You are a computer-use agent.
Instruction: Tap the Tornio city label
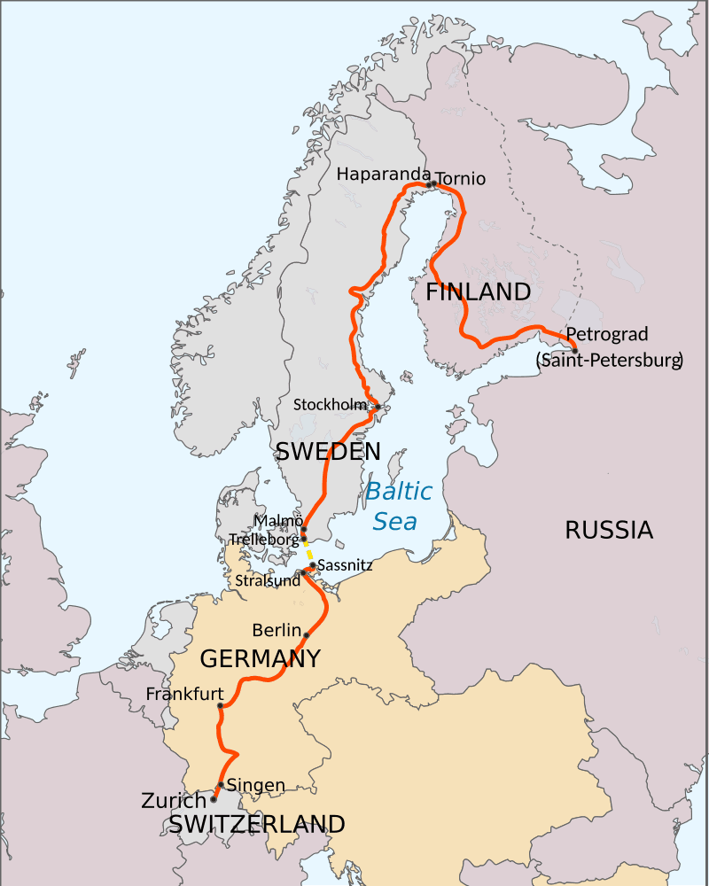[x=461, y=179]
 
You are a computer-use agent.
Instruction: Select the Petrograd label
[x=606, y=334]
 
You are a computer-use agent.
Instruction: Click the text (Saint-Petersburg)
[x=609, y=360]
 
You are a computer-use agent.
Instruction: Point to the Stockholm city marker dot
[x=377, y=407]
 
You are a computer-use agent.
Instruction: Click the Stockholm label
[x=330, y=405]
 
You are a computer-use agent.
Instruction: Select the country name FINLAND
[x=479, y=292]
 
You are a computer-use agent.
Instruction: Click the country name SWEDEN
[x=328, y=451]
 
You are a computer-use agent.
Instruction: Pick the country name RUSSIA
[x=609, y=531]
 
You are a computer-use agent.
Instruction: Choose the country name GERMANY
[x=260, y=658]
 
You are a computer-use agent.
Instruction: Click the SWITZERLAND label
[x=256, y=824]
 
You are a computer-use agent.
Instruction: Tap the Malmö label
[x=278, y=521]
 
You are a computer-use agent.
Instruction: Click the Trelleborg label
[x=264, y=538]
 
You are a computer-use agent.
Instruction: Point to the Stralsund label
[x=267, y=581]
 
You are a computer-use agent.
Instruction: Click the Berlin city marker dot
[x=307, y=635]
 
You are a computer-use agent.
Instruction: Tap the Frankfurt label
[x=183, y=694]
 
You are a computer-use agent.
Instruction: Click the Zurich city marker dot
[x=214, y=799]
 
